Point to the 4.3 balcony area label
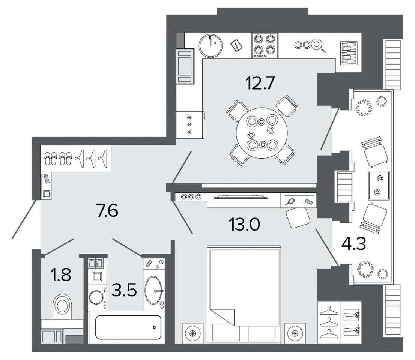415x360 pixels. pyautogui.click(x=353, y=243)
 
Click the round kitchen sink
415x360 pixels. pyautogui.click(x=210, y=45)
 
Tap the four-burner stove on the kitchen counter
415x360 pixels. pyautogui.click(x=265, y=45)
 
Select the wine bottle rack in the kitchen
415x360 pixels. pyautogui.click(x=348, y=53)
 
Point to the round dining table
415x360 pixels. pyautogui.click(x=262, y=133)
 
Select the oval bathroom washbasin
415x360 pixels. pyautogui.click(x=153, y=290)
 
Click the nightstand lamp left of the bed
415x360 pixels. pyautogui.click(x=193, y=333)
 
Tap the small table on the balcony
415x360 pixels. pyautogui.click(x=379, y=185)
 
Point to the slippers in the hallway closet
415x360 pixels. pyautogui.click(x=58, y=159)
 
